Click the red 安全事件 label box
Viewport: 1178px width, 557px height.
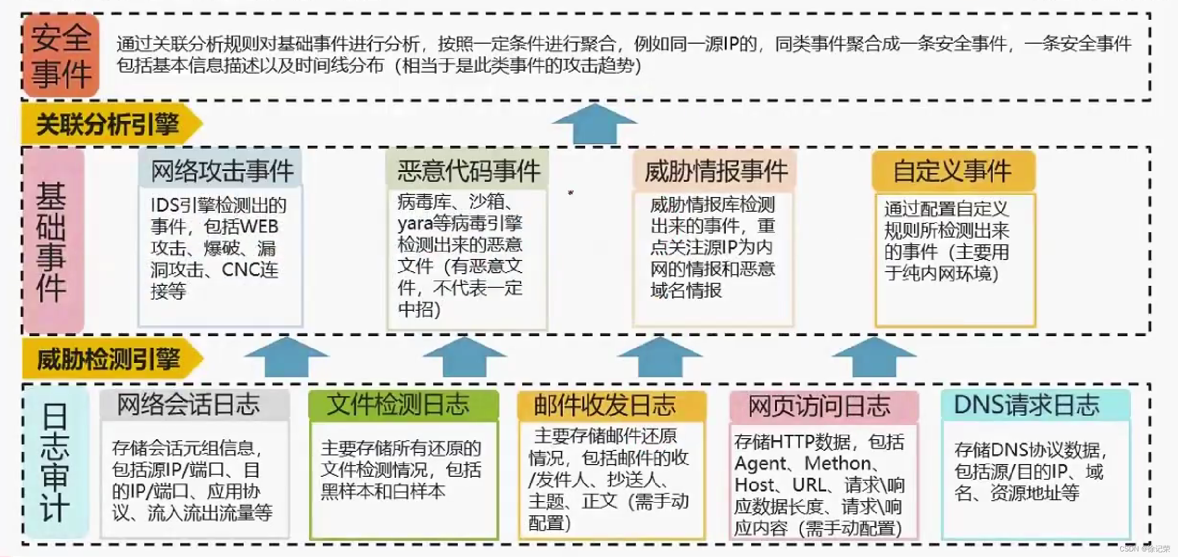tap(60, 55)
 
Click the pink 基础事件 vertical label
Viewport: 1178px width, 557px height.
tap(52, 241)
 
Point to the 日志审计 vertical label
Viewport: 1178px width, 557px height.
tap(55, 462)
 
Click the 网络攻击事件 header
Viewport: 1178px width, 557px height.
tap(221, 170)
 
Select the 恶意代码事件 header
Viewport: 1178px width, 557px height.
tap(467, 170)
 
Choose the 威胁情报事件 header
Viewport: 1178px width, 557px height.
tap(715, 171)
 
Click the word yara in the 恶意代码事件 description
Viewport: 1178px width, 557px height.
tap(414, 224)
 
